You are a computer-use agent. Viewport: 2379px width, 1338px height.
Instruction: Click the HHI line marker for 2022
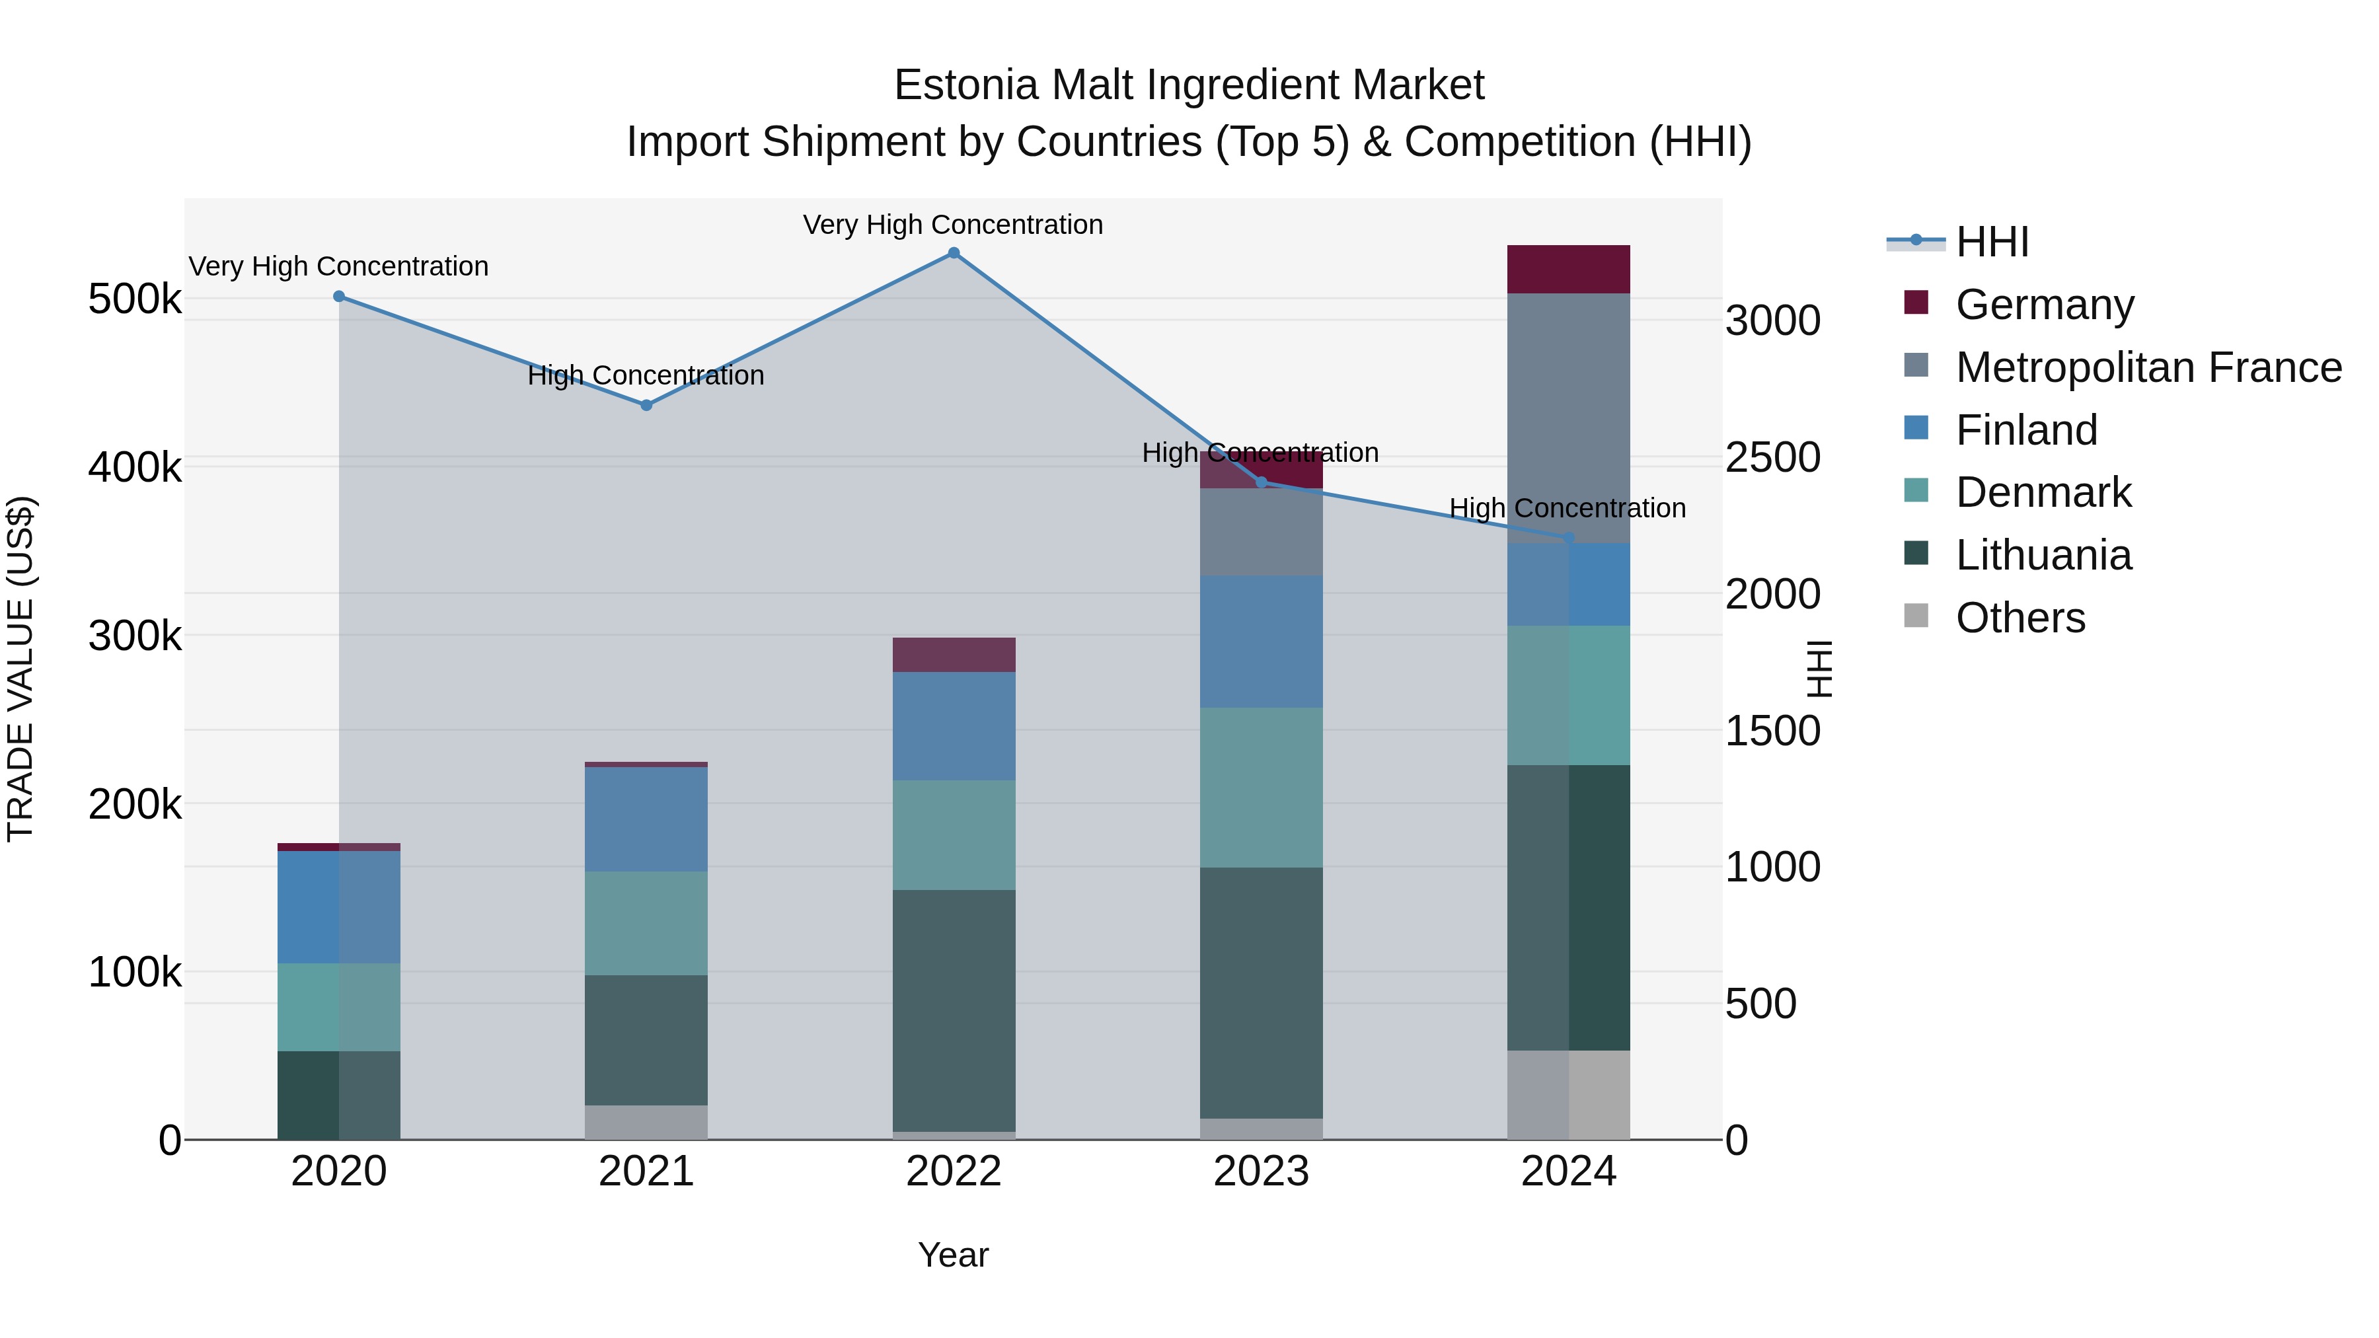[953, 253]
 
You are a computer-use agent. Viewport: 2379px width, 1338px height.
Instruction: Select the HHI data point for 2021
[646, 406]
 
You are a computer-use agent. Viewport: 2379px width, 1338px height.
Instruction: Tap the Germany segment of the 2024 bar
[1568, 270]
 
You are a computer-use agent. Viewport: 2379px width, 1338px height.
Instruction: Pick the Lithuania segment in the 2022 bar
[953, 1010]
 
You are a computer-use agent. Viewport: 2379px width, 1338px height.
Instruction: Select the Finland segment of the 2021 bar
[646, 819]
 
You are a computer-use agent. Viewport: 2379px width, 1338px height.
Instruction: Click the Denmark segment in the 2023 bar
[1261, 788]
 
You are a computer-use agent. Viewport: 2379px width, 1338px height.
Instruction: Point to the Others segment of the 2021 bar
[646, 1122]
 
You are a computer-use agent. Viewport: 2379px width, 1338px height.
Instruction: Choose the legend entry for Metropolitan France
[2148, 367]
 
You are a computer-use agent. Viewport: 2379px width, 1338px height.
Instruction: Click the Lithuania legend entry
[2043, 555]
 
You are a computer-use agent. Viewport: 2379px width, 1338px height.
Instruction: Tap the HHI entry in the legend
[1991, 242]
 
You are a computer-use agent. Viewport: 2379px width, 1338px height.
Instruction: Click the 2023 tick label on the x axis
[1261, 1171]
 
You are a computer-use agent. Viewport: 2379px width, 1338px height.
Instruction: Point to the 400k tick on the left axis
[135, 467]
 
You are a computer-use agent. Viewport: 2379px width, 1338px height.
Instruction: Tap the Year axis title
[953, 1255]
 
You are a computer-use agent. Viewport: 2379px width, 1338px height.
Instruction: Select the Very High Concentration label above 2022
[953, 225]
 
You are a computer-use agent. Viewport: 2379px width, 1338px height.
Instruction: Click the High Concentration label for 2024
[1567, 508]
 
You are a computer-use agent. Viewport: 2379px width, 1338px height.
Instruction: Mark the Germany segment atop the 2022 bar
[953, 655]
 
